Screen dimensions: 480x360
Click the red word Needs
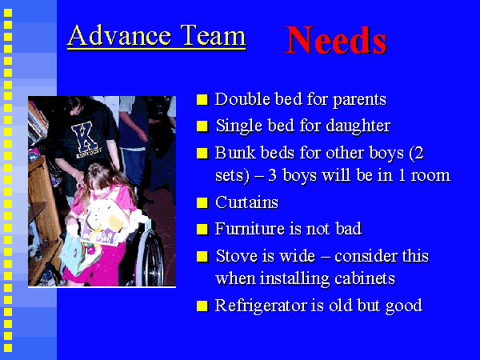coord(337,41)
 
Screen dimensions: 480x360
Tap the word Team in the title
coord(213,35)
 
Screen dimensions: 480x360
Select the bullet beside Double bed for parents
coord(202,100)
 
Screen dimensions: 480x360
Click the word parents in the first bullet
coord(359,101)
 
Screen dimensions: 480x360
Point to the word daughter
coord(358,126)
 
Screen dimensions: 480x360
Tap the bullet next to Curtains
coord(202,202)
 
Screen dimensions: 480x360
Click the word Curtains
coord(246,202)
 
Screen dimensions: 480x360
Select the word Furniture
coord(250,229)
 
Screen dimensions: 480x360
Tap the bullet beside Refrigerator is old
coord(202,306)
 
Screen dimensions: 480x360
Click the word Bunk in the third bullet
coord(235,153)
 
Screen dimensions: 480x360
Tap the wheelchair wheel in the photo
coord(150,258)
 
